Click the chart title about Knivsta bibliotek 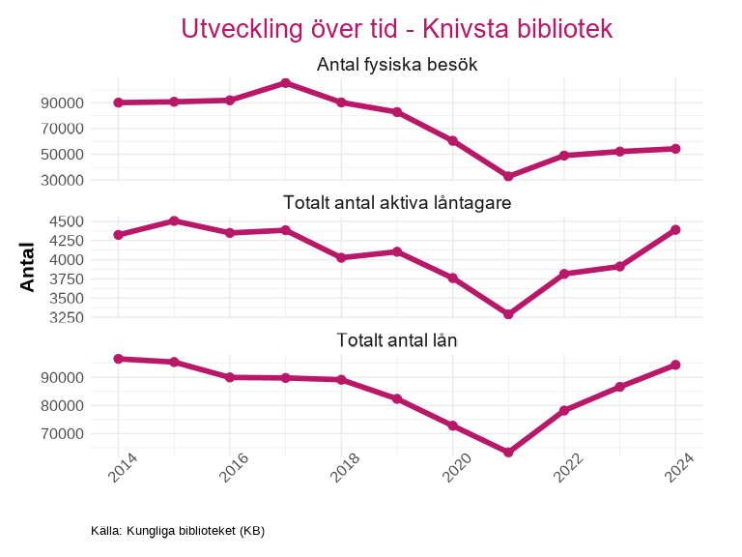point(396,28)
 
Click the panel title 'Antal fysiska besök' point(396,65)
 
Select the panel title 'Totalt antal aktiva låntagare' point(396,202)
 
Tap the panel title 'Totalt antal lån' point(396,340)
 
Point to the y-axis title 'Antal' point(28,268)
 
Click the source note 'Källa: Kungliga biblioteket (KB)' point(178,531)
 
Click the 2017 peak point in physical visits point(285,83)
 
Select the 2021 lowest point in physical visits point(508,176)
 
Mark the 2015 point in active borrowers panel point(174,220)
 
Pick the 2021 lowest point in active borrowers point(508,314)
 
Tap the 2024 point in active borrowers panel point(676,229)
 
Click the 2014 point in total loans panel point(118,359)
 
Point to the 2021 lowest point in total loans point(508,452)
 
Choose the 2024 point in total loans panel point(676,365)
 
